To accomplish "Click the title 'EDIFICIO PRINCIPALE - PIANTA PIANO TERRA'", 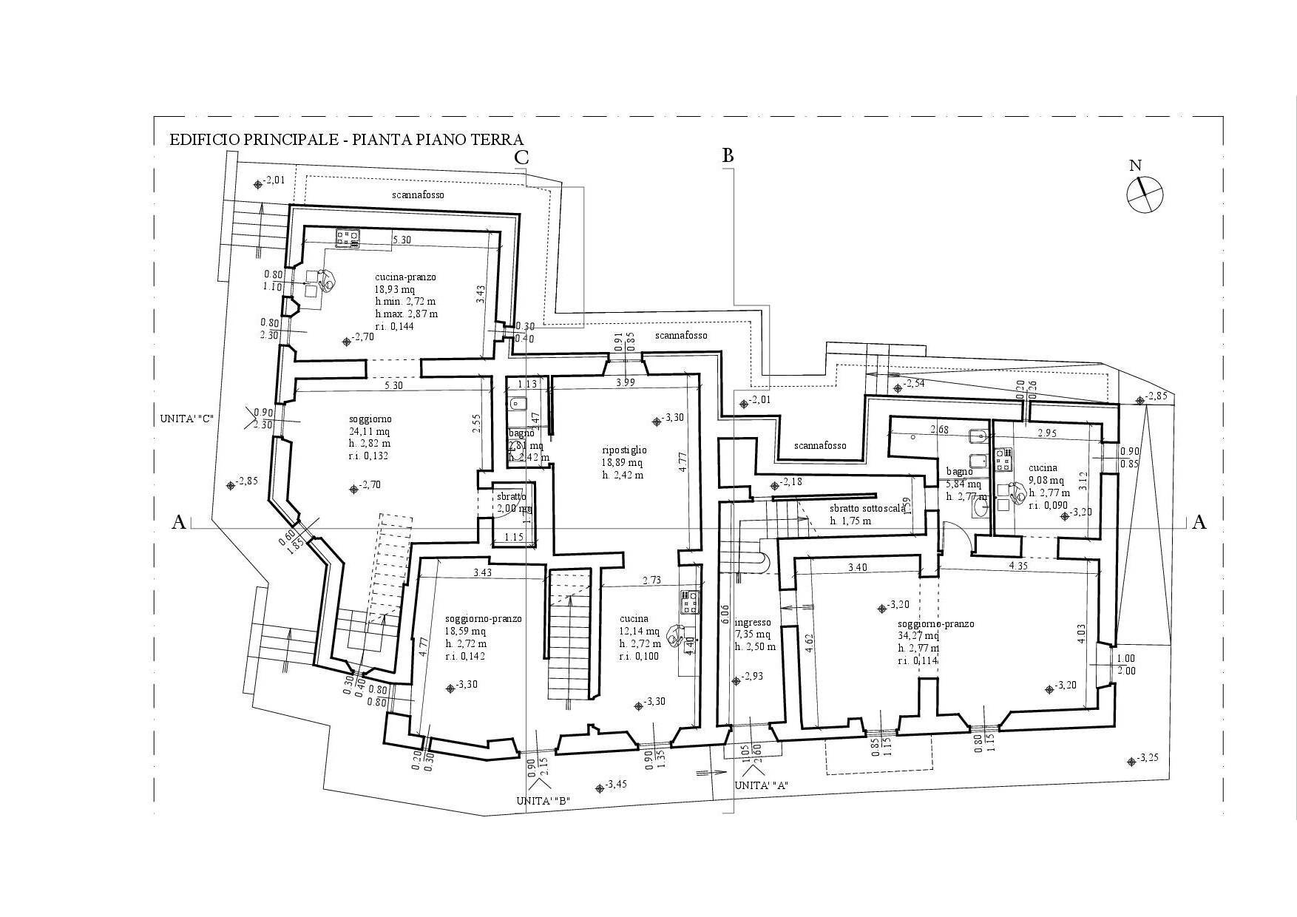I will [x=347, y=140].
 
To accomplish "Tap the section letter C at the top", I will [x=521, y=158].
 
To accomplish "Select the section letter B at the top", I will [x=728, y=155].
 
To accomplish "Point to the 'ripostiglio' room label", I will [x=624, y=449].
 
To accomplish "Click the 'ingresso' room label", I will [x=753, y=623].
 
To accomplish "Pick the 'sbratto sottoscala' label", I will [x=867, y=509].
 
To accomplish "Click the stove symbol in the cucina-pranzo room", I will [x=347, y=237].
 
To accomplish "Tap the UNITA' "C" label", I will [x=186, y=419].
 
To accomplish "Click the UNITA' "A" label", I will [x=760, y=785].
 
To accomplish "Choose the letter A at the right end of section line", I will [x=1199, y=523].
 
